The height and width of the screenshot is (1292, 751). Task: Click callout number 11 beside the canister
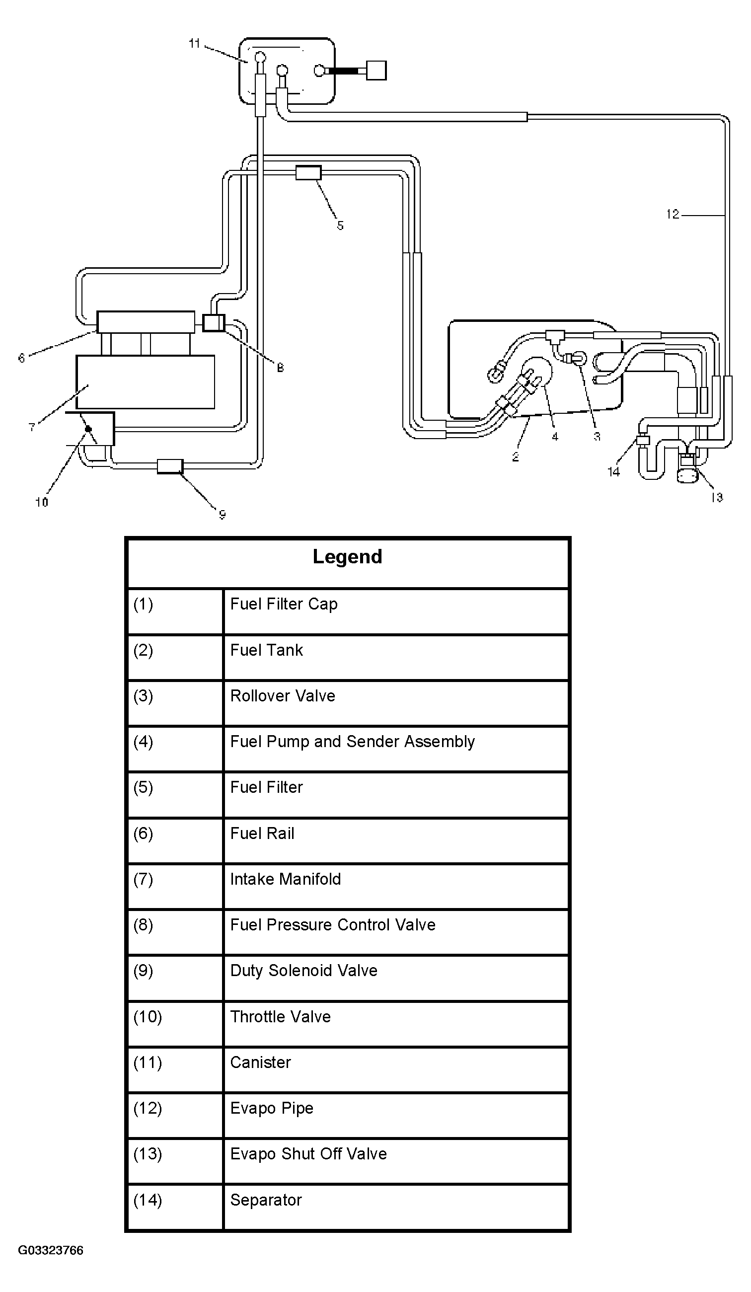point(194,44)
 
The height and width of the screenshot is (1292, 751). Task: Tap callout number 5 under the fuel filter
point(340,226)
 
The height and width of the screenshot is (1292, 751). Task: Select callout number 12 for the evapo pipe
point(673,214)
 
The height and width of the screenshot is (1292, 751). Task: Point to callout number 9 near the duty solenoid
point(222,514)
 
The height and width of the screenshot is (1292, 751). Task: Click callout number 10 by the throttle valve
point(42,503)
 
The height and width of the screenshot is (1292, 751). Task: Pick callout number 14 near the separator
point(613,472)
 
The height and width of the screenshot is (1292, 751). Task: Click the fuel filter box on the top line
point(308,173)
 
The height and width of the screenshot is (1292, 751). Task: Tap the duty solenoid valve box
point(170,466)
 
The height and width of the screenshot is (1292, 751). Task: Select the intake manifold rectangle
point(146,382)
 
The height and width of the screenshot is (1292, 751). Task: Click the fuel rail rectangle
point(146,322)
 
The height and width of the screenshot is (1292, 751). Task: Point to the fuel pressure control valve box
point(214,322)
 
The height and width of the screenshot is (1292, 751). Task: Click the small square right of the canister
point(377,70)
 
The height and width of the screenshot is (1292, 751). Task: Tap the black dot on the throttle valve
point(88,429)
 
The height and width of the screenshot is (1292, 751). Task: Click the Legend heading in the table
point(348,557)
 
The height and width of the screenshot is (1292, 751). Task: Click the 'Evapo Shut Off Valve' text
point(308,1154)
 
